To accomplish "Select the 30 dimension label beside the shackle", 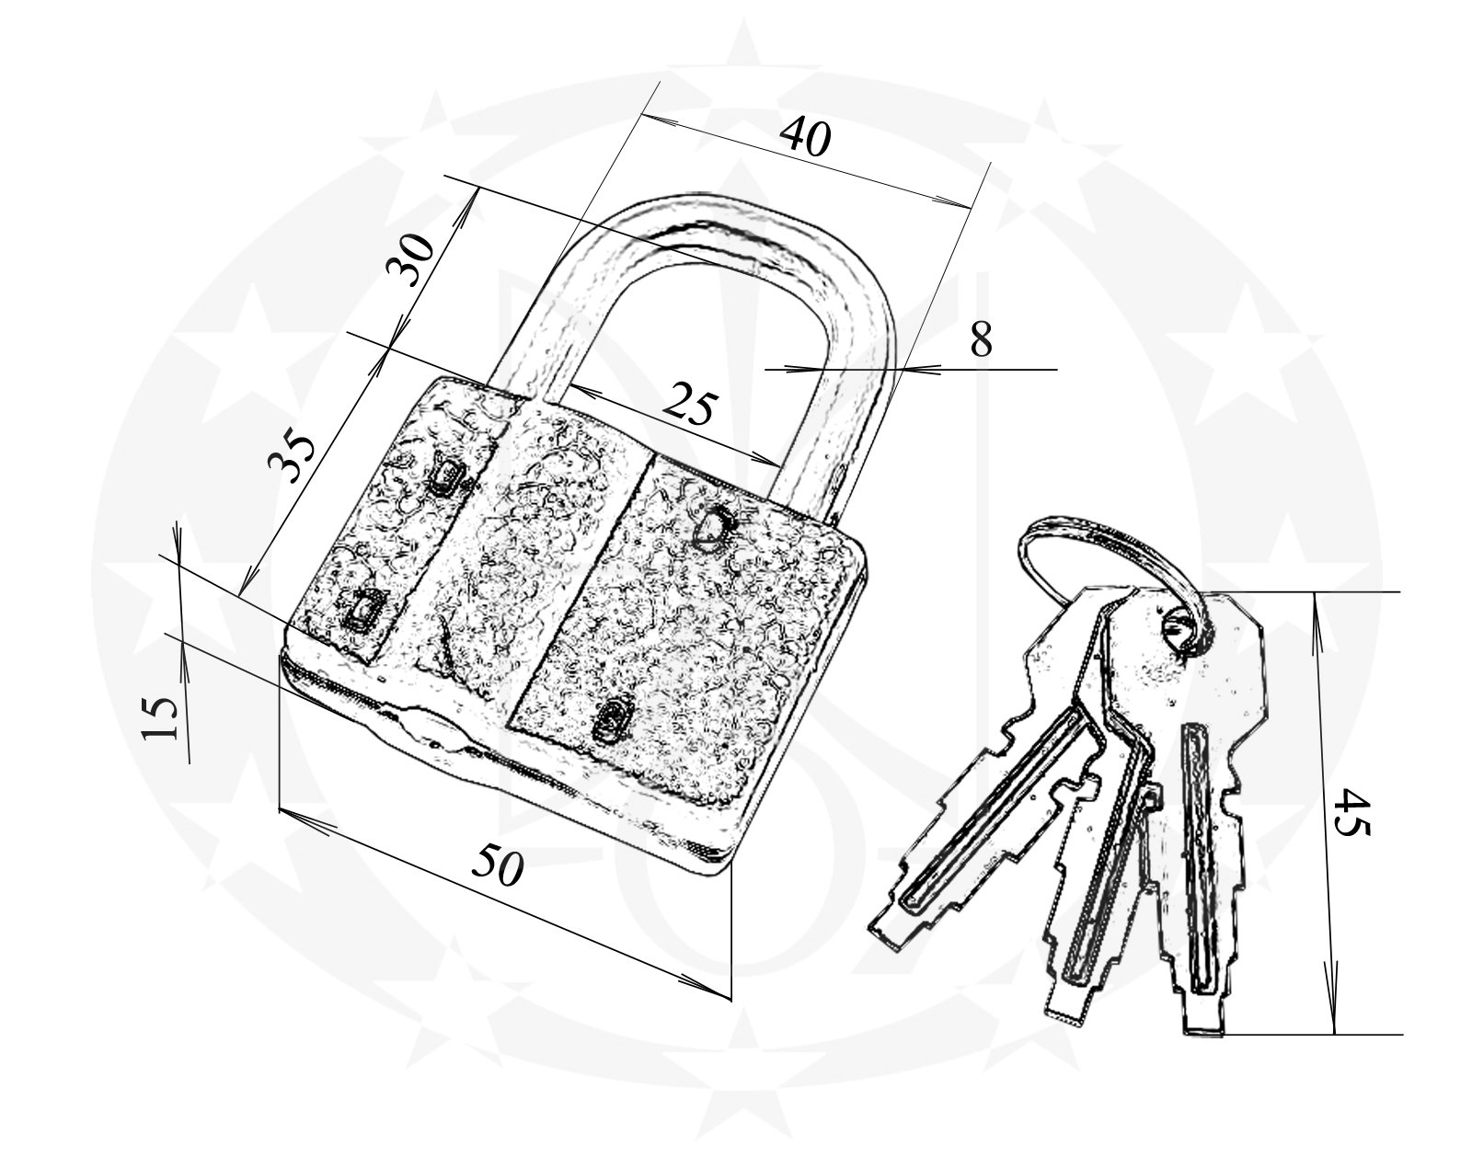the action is tap(409, 260).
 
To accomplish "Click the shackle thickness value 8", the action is tap(982, 340).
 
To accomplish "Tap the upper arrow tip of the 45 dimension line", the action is tap(1314, 592).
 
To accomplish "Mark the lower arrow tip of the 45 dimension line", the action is tap(1333, 1052).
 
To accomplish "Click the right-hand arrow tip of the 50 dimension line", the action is tap(730, 997).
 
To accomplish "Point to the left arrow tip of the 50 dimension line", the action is tap(281, 809).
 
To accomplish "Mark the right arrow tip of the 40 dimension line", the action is tap(971, 207).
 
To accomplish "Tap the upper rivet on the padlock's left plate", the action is tap(447, 476).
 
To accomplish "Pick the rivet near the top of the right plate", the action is tap(711, 528).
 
